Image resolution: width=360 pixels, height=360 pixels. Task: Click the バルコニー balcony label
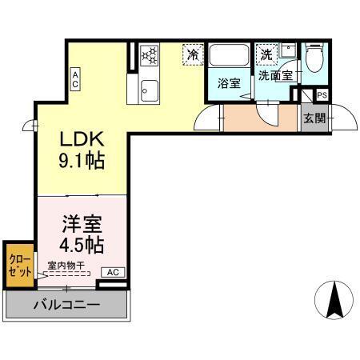[67, 305]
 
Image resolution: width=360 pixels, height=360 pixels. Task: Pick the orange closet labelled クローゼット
[18, 265]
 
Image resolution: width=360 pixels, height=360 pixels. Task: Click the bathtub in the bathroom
[230, 57]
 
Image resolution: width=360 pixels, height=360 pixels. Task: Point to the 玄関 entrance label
[313, 119]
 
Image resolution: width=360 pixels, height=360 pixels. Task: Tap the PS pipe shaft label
[321, 95]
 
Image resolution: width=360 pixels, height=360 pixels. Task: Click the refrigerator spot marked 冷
[192, 54]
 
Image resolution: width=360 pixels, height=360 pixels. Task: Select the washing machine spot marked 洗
[266, 54]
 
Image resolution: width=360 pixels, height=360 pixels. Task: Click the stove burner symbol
[148, 55]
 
